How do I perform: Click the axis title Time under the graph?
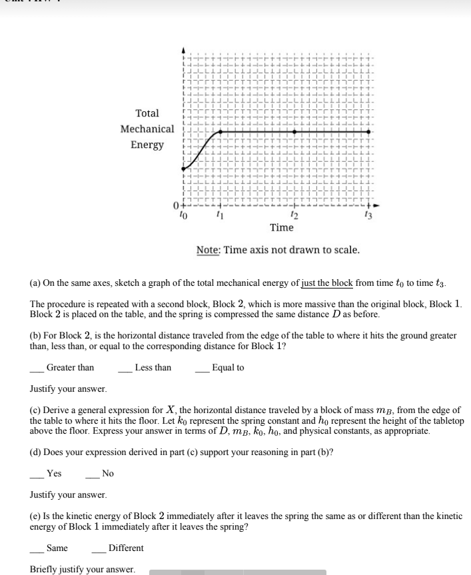[x=281, y=228]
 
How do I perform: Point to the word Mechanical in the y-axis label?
[x=147, y=129]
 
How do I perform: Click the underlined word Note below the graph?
[x=209, y=251]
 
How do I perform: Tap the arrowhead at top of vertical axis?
[x=185, y=51]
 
